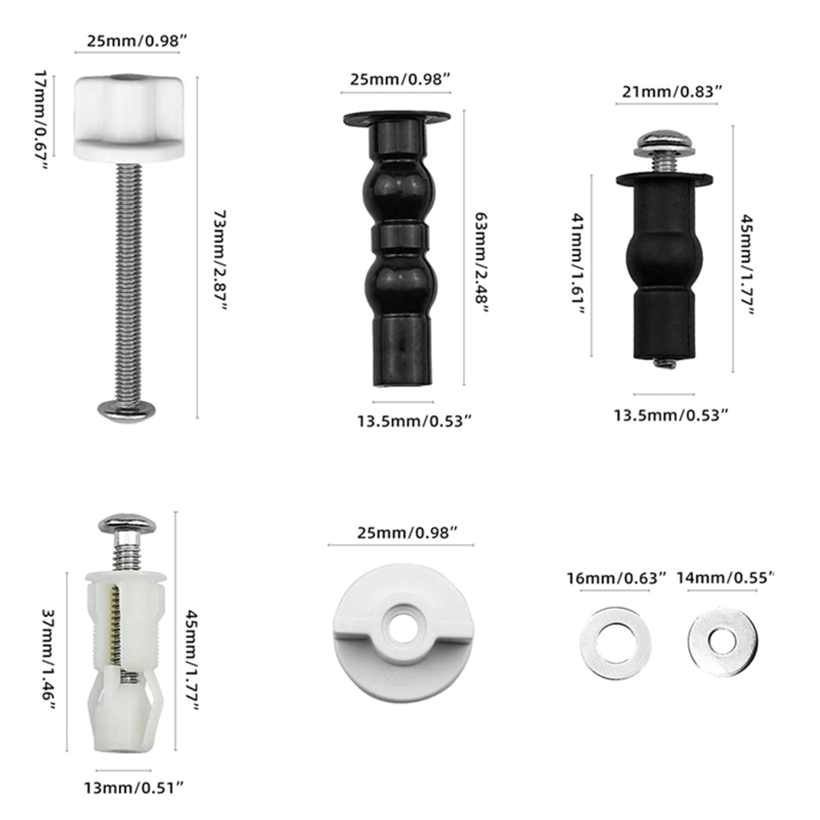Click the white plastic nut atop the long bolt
129,117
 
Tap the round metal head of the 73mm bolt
127,408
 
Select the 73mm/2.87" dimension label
220,261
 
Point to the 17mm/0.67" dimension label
41,120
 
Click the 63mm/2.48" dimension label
481,263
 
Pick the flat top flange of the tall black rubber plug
397,118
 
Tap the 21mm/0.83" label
672,92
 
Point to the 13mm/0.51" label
134,787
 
